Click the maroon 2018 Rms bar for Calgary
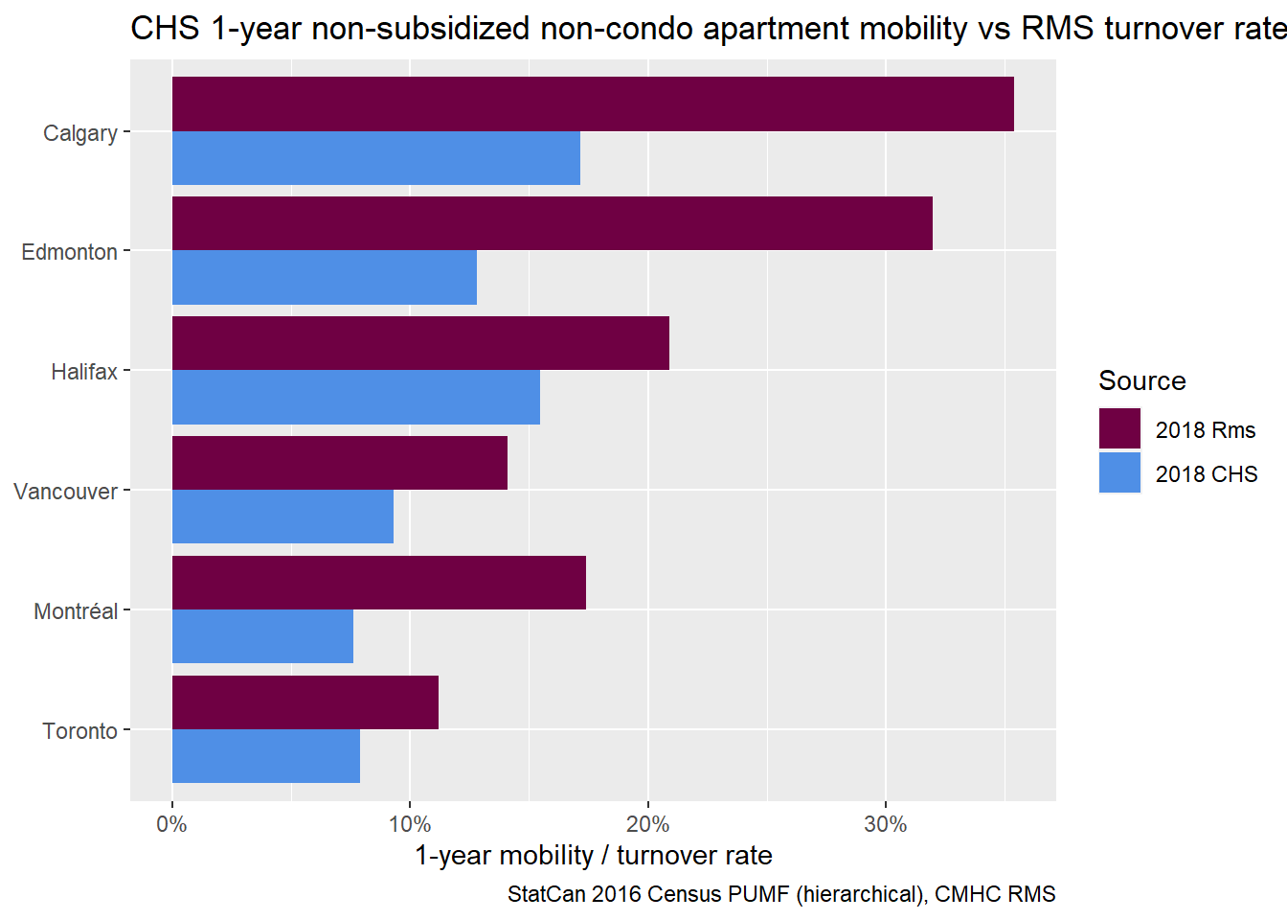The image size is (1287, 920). coord(593,104)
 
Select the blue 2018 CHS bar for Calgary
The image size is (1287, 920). coord(376,158)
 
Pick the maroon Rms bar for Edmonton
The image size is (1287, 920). coord(553,223)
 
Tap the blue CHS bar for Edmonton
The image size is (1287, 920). coord(325,278)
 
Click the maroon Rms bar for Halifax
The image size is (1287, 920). coord(420,343)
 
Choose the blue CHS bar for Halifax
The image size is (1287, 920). coord(356,397)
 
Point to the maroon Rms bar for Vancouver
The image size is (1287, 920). coord(340,463)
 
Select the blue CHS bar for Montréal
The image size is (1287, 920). coord(262,636)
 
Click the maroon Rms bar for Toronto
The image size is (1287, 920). coord(305,702)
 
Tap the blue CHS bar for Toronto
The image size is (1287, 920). coord(266,756)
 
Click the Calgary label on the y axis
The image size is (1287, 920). coord(80,133)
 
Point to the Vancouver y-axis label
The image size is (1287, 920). coord(65,492)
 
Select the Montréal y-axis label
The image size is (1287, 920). coord(76,611)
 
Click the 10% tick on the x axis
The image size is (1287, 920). coord(410,824)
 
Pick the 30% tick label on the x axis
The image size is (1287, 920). coord(886,824)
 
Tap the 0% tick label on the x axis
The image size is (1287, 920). coord(172,824)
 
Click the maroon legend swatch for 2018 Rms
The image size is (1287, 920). coord(1119,428)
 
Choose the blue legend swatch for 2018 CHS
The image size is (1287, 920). coord(1119,472)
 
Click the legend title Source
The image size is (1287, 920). coord(1142,381)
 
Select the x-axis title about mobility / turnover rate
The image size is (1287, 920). coord(593,855)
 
